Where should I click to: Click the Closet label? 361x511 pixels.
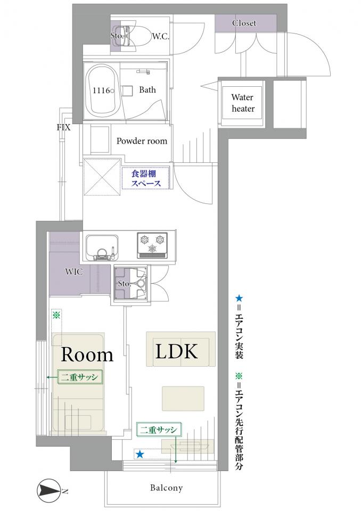[x=244, y=23]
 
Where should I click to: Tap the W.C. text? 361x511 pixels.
[x=160, y=36]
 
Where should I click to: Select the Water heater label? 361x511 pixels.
[x=243, y=103]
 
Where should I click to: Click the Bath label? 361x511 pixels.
[x=147, y=89]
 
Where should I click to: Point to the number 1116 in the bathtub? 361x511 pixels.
[x=101, y=90]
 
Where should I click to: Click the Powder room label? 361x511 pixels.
[x=142, y=141]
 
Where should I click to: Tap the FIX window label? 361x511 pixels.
[x=63, y=127]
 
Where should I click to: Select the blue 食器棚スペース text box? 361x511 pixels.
[x=146, y=178]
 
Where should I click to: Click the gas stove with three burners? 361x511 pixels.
[x=152, y=245]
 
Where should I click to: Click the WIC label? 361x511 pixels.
[x=73, y=271]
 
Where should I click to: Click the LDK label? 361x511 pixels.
[x=176, y=351]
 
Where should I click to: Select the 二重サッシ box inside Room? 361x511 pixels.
[x=80, y=377]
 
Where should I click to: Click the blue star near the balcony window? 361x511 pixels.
[x=140, y=454]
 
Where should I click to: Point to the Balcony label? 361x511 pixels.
[x=166, y=488]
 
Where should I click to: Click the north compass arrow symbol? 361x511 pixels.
[x=49, y=489]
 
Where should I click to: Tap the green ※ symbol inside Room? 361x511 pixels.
[x=56, y=315]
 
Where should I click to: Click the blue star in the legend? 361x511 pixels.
[x=239, y=298]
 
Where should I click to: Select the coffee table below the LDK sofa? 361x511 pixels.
[x=183, y=398]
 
